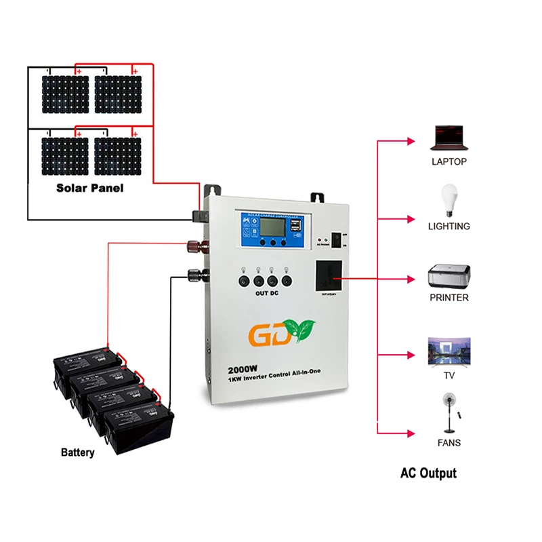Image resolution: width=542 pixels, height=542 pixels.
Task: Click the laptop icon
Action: pos(449,138)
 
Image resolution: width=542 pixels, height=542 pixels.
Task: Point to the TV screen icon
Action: pos(448,352)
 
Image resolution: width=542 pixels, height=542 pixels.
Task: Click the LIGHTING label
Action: pos(449,227)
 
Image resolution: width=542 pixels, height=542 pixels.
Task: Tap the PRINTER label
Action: pos(449,298)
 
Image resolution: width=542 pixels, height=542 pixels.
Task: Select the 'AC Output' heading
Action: pos(428,473)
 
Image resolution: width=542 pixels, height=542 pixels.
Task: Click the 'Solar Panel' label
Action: pos(90,188)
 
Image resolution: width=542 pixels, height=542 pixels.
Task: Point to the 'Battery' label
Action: pos(78,452)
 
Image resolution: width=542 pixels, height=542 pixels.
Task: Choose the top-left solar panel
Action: pos(64,94)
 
